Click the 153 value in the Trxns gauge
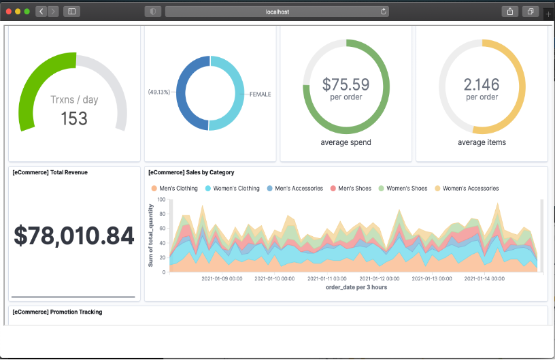[x=74, y=118]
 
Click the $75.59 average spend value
[x=346, y=84]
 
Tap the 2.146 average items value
[x=482, y=84]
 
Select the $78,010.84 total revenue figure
[x=74, y=235]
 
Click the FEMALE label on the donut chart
[x=260, y=95]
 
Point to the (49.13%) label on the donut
[x=159, y=91]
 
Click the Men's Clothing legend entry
[x=175, y=189]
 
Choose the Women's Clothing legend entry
[x=232, y=189]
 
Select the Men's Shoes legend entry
[x=350, y=189]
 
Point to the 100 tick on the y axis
[x=161, y=200]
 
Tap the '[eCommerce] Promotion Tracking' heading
[x=57, y=312]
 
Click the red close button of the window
[x=9, y=12]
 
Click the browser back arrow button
[x=41, y=12]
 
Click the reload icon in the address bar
[x=384, y=12]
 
